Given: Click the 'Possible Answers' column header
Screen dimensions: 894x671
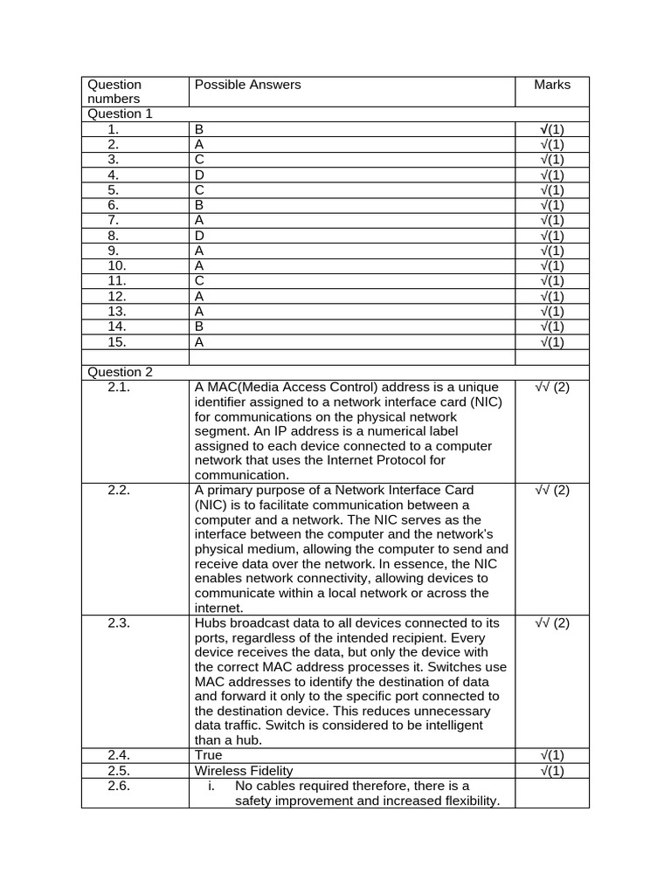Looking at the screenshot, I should pyautogui.click(x=247, y=85).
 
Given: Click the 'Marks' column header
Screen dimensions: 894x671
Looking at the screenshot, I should pyautogui.click(x=552, y=85).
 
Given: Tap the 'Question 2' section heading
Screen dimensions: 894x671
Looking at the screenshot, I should pyautogui.click(x=120, y=372).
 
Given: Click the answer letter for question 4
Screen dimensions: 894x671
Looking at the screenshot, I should pyautogui.click(x=199, y=175).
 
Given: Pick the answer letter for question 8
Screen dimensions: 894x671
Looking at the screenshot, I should pyautogui.click(x=199, y=236).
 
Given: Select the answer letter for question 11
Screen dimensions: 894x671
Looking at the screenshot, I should pyautogui.click(x=199, y=281).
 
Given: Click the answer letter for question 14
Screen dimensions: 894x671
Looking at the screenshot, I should pyautogui.click(x=199, y=327).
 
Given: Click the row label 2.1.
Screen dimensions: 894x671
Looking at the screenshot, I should pyautogui.click(x=119, y=387).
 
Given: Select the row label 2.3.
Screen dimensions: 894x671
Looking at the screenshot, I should pyautogui.click(x=119, y=622).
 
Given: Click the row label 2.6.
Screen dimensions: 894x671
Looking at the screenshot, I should pyautogui.click(x=119, y=786).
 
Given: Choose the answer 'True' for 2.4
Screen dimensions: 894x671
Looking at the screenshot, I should pyautogui.click(x=209, y=754).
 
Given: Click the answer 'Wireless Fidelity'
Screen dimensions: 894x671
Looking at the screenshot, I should pyautogui.click(x=244, y=770).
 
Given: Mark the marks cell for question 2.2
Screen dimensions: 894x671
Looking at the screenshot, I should pyautogui.click(x=552, y=490).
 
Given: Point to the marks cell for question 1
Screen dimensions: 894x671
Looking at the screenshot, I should pyautogui.click(x=552, y=129).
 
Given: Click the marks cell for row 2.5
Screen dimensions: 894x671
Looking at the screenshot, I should pyautogui.click(x=552, y=770).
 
